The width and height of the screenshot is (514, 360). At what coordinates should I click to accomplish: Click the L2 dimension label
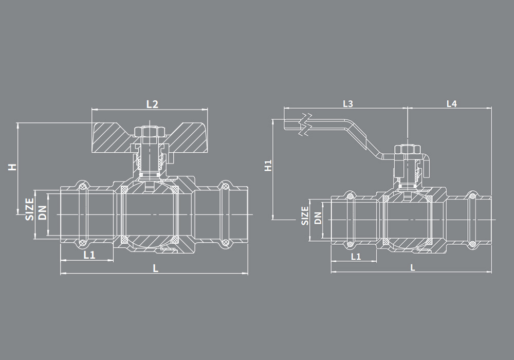(152, 103)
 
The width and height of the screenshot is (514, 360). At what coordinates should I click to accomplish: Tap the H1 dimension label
(268, 166)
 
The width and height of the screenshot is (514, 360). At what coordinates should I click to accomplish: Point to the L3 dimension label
(348, 103)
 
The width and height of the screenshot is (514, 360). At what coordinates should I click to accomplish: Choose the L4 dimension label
(451, 103)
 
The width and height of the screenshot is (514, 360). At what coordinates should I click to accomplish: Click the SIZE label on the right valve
(305, 216)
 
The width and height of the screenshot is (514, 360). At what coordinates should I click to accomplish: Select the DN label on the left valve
(43, 211)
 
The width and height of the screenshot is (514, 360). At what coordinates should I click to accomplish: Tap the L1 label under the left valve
(89, 254)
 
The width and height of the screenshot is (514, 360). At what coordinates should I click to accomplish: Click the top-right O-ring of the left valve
(224, 186)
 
